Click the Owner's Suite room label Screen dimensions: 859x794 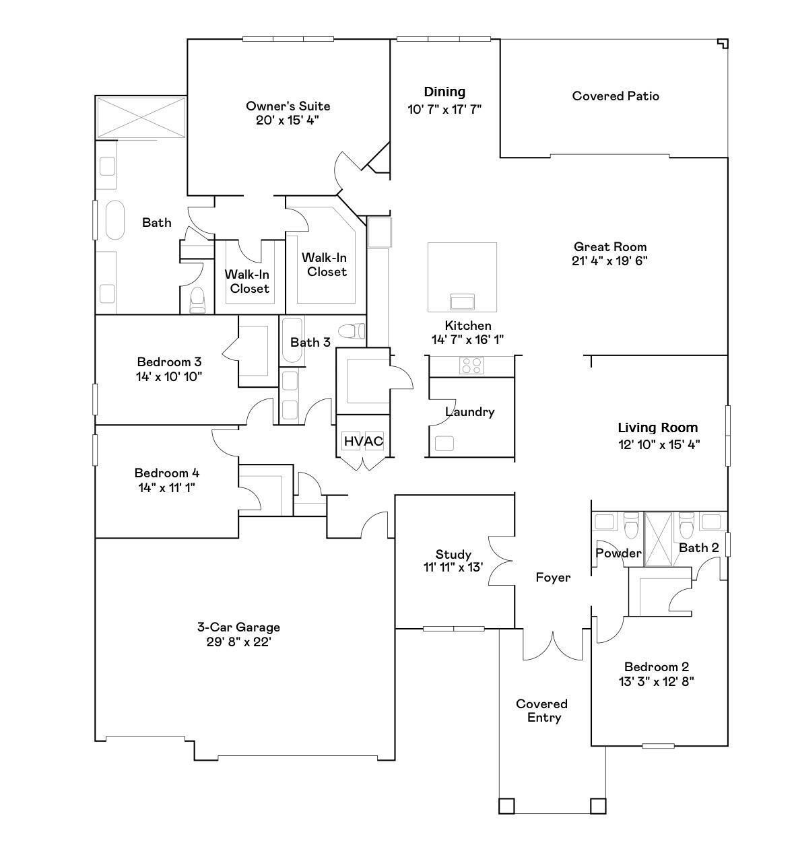click(288, 106)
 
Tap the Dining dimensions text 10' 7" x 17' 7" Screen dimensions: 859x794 click(444, 108)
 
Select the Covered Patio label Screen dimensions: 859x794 click(616, 96)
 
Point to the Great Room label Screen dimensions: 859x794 click(609, 247)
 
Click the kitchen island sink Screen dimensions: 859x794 click(462, 300)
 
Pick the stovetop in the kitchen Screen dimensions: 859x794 click(471, 366)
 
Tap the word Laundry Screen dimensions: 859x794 click(469, 412)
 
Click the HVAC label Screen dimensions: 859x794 click(363, 442)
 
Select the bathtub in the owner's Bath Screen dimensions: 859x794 click(114, 219)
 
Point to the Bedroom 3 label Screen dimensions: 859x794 click(169, 362)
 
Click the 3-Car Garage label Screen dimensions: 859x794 click(238, 627)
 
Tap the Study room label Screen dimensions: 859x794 click(453, 554)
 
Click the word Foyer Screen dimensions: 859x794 click(553, 578)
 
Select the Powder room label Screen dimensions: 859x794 click(618, 553)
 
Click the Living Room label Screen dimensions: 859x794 click(658, 427)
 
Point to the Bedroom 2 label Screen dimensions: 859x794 click(656, 667)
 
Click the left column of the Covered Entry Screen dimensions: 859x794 click(506, 806)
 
